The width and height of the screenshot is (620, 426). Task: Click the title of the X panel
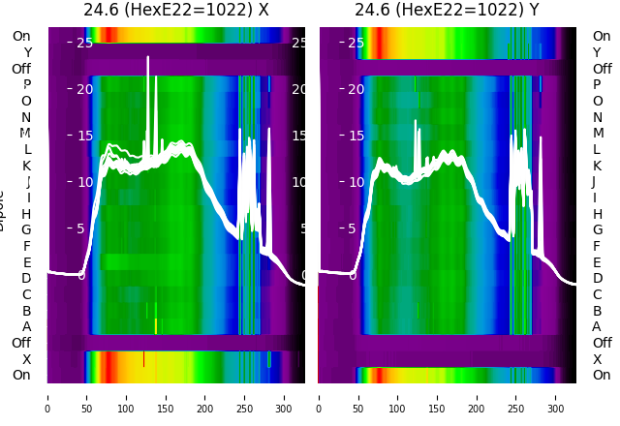point(176,11)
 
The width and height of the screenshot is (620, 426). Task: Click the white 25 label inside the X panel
point(84,43)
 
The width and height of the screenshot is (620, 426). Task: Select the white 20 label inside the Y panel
point(356,89)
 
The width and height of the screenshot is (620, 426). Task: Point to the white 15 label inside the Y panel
point(356,136)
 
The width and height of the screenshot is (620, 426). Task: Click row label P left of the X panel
point(26,85)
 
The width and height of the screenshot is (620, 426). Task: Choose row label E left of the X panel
point(26,262)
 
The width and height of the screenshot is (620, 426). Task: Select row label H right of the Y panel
point(597,214)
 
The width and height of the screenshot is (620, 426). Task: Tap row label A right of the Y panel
point(597,327)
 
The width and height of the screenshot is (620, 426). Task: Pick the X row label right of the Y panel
point(597,359)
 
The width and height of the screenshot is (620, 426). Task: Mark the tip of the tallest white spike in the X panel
point(148,57)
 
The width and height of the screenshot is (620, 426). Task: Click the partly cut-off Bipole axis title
point(4,208)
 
